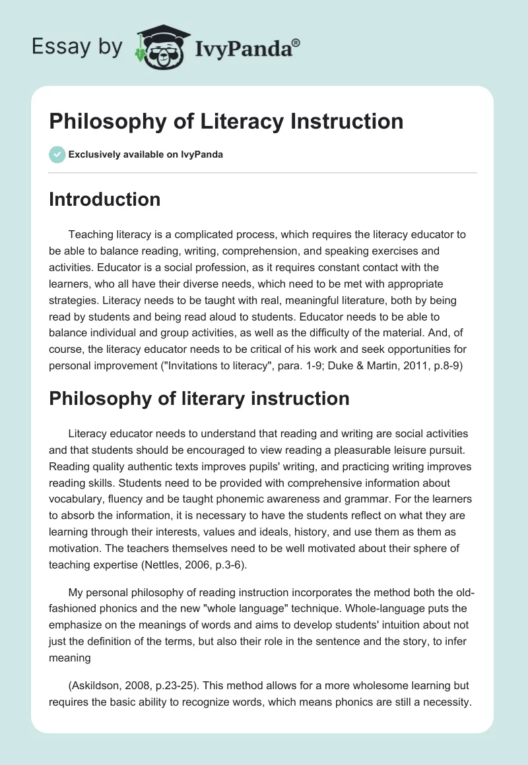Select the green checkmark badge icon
57,154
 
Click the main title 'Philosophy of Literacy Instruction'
226,121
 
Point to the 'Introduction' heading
104,199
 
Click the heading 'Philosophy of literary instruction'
199,398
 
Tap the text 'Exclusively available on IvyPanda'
145,155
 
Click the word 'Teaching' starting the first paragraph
89,234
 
